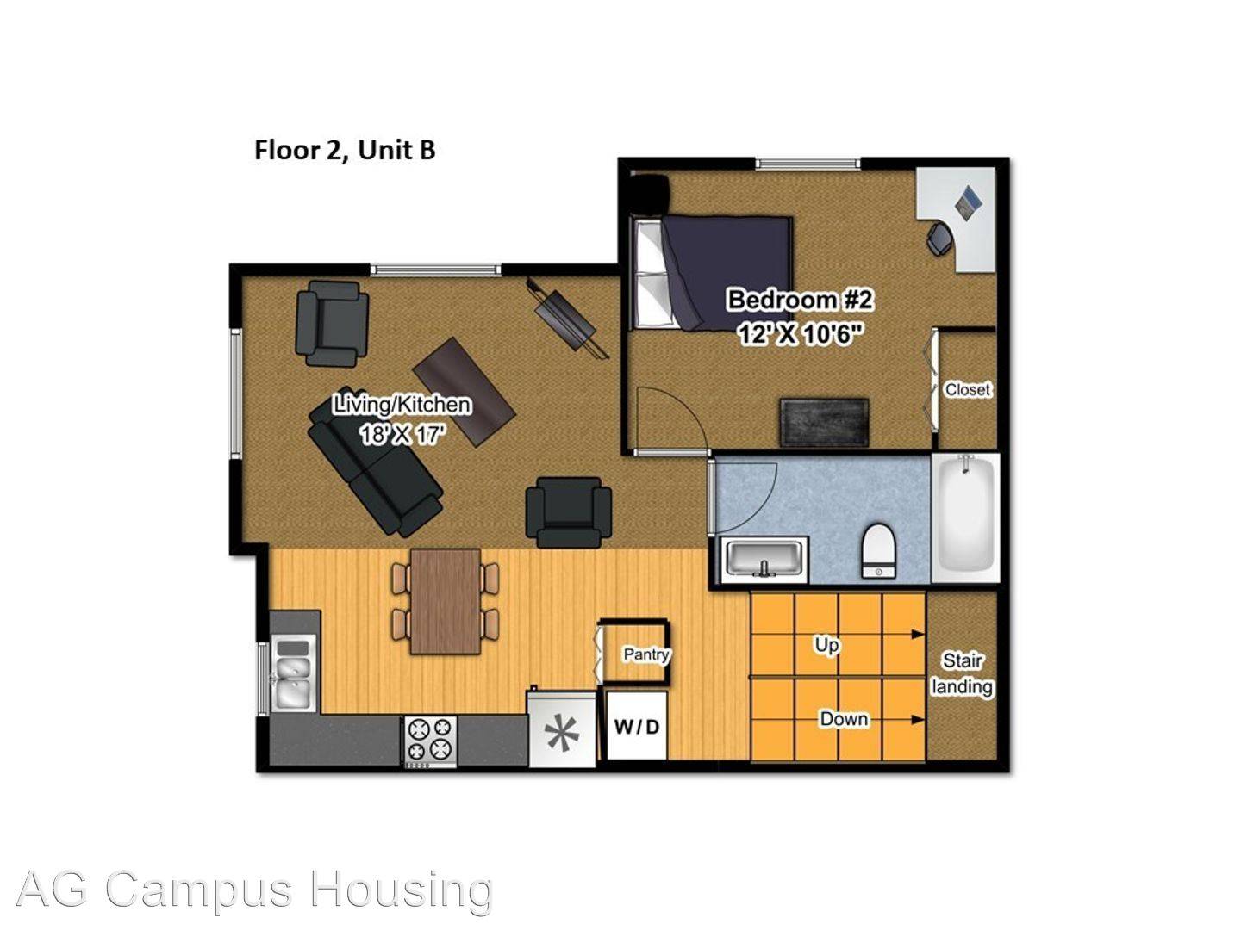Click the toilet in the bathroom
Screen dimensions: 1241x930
pyautogui.click(x=880, y=550)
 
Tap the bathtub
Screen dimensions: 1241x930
pyautogui.click(x=965, y=518)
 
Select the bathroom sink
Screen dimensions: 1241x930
pyautogui.click(x=764, y=560)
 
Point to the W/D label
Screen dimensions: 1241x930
pyautogui.click(x=637, y=727)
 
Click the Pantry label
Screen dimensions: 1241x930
pyautogui.click(x=646, y=654)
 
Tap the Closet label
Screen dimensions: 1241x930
pyautogui.click(x=968, y=389)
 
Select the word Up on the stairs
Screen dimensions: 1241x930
pyautogui.click(x=826, y=645)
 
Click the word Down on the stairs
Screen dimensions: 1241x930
pyautogui.click(x=844, y=719)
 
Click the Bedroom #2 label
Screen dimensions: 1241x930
pyautogui.click(x=800, y=300)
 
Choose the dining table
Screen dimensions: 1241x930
pyautogui.click(x=446, y=601)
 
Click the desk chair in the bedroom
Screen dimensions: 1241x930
pyautogui.click(x=939, y=239)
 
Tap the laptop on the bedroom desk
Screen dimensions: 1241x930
pyautogui.click(x=969, y=201)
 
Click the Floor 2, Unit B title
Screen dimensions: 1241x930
pyautogui.click(x=345, y=150)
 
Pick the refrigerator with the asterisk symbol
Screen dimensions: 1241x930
pyautogui.click(x=561, y=729)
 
